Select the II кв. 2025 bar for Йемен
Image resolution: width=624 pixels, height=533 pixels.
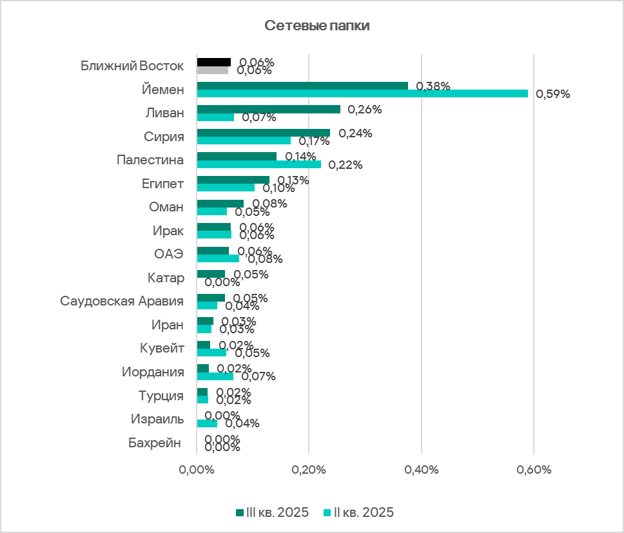pyautogui.click(x=362, y=93)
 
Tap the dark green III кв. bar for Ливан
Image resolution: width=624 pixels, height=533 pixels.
pyautogui.click(x=268, y=110)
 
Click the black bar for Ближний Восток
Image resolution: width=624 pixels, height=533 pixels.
pyautogui.click(x=213, y=62)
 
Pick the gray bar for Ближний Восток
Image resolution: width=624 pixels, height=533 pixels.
pyautogui.click(x=212, y=70)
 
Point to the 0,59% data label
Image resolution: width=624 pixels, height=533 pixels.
pyautogui.click(x=553, y=94)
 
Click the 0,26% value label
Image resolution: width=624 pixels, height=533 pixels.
pyautogui.click(x=365, y=110)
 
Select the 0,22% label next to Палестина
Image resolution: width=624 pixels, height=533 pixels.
pyautogui.click(x=346, y=165)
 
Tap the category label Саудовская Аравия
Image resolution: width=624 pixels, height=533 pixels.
pyautogui.click(x=122, y=301)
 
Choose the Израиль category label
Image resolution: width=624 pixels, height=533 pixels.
pyautogui.click(x=157, y=419)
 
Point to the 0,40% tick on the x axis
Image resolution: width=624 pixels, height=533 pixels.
pyautogui.click(x=421, y=470)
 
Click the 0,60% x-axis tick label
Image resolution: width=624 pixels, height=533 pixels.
pyautogui.click(x=534, y=470)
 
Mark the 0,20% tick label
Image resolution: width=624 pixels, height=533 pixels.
pyautogui.click(x=309, y=470)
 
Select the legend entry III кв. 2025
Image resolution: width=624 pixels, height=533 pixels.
pyautogui.click(x=272, y=512)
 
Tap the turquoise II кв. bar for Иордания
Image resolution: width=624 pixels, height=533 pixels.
pyautogui.click(x=215, y=376)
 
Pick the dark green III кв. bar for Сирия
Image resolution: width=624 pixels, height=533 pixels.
pyautogui.click(x=263, y=133)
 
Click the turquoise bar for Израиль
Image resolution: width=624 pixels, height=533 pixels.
pyautogui.click(x=207, y=423)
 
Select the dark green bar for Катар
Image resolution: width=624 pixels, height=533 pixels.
pyautogui.click(x=211, y=274)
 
